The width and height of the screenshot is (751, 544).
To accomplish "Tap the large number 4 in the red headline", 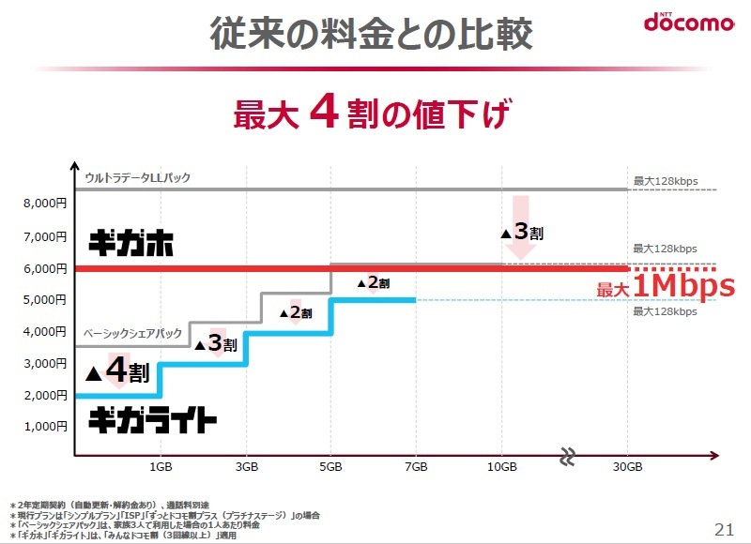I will pos(323,114).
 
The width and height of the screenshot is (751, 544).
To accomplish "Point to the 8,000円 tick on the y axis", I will pos(45,203).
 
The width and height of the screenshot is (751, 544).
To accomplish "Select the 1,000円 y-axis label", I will pos(45,427).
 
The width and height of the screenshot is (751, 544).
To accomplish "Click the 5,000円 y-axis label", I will pos(45,299).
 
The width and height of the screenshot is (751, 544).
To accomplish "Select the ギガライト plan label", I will pos(153,420).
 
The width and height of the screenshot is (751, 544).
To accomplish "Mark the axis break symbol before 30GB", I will pos(567,458).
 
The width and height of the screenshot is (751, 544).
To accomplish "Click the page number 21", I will pos(724,527).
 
